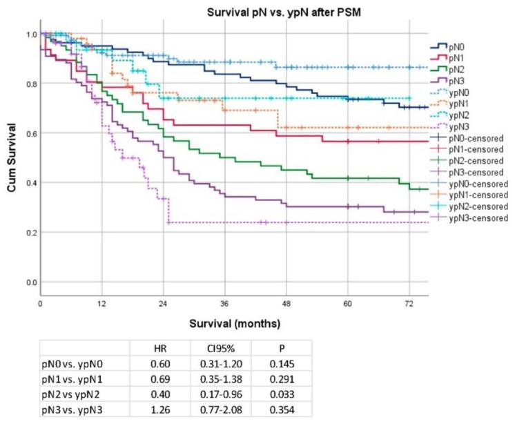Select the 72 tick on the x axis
[x=409, y=305]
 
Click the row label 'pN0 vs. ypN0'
[x=70, y=362]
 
